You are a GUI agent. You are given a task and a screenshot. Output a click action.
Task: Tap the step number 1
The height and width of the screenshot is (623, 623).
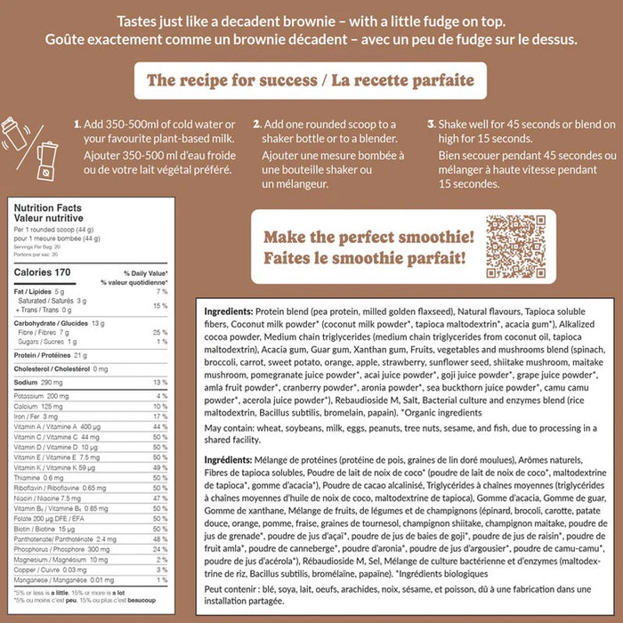[77, 124]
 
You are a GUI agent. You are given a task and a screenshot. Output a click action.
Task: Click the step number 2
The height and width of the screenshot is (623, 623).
[256, 124]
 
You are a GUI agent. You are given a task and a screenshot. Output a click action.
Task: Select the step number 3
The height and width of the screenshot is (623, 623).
[431, 124]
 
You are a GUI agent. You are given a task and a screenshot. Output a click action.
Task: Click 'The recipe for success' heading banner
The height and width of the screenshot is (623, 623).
[311, 81]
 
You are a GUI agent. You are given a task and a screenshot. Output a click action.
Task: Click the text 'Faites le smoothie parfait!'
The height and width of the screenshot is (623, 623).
[363, 259]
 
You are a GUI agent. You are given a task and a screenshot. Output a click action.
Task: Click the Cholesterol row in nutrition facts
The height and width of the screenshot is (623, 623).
[57, 368]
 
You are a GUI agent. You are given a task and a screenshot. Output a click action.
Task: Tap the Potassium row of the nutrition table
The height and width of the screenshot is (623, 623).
[44, 394]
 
